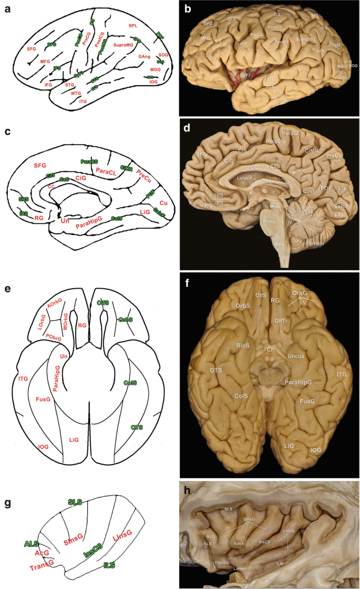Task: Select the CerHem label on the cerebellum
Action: [x=314, y=243]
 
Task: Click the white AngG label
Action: [x=334, y=45]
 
